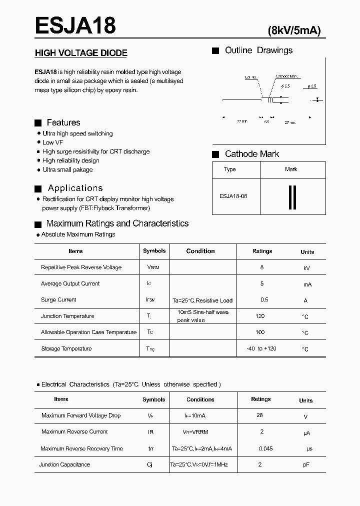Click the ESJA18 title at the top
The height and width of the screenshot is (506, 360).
75,25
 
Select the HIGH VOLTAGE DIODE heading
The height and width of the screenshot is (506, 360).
81,53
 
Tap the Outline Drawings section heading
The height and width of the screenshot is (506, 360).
258,50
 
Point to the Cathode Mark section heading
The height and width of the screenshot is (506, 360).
252,154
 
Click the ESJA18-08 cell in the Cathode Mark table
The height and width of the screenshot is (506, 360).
233,196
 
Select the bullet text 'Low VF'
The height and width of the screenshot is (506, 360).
52,142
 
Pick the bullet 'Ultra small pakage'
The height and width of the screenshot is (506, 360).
67,170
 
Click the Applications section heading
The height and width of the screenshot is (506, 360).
75,188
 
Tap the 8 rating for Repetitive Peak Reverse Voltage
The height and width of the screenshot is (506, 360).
262,267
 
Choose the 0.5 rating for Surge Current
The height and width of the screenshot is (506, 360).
264,300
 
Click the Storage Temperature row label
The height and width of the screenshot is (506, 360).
66,348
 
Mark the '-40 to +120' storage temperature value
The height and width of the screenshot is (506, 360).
261,348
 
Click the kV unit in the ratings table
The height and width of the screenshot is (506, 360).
307,268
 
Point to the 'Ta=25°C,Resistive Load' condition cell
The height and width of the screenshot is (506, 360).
202,300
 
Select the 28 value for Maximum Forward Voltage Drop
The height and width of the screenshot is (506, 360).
259,415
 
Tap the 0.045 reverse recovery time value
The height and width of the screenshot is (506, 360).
265,448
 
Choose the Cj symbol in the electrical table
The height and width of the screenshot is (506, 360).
149,465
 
